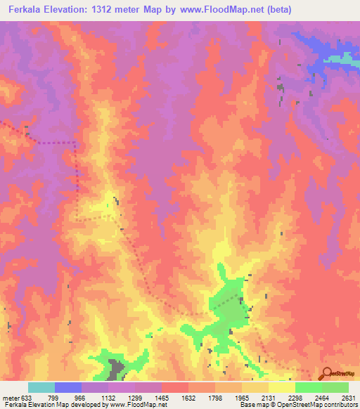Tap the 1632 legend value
(188, 398)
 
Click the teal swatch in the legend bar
(41, 387)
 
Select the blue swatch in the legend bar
(67, 387)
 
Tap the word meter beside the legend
(10, 398)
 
